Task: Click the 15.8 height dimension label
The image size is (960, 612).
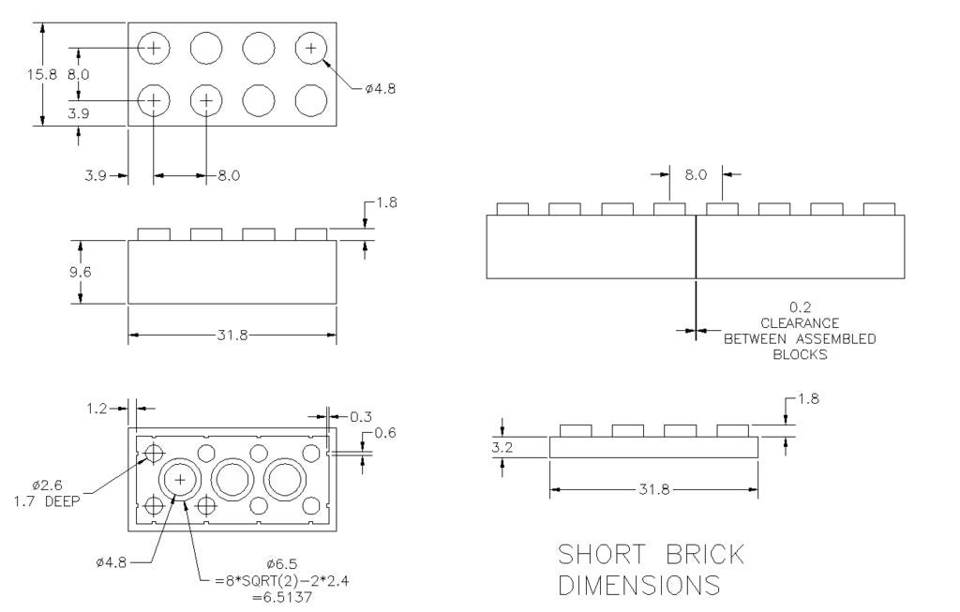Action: [x=41, y=75]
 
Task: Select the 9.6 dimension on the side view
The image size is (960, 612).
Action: [x=80, y=272]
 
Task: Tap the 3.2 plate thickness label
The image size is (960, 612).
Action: [x=502, y=448]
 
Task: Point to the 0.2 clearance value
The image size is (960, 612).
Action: [x=800, y=307]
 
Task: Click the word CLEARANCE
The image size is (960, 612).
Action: [x=800, y=323]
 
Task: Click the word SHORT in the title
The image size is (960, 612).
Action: [x=601, y=555]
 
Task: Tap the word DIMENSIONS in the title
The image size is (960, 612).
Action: [x=639, y=585]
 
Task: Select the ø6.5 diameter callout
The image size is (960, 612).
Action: [x=282, y=564]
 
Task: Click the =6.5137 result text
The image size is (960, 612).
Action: [x=282, y=597]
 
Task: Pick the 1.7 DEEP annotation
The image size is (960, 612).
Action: [x=47, y=501]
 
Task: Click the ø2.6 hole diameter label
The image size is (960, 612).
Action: [x=47, y=485]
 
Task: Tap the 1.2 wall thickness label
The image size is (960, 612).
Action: [x=97, y=409]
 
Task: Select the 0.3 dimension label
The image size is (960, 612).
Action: [x=361, y=417]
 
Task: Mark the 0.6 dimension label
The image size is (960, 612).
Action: [x=385, y=433]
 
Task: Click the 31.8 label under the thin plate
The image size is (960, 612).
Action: [x=654, y=489]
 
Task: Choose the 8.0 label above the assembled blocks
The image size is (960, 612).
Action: [x=696, y=175]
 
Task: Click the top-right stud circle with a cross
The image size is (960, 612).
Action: [x=311, y=48]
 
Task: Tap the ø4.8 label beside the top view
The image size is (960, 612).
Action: [x=381, y=89]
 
